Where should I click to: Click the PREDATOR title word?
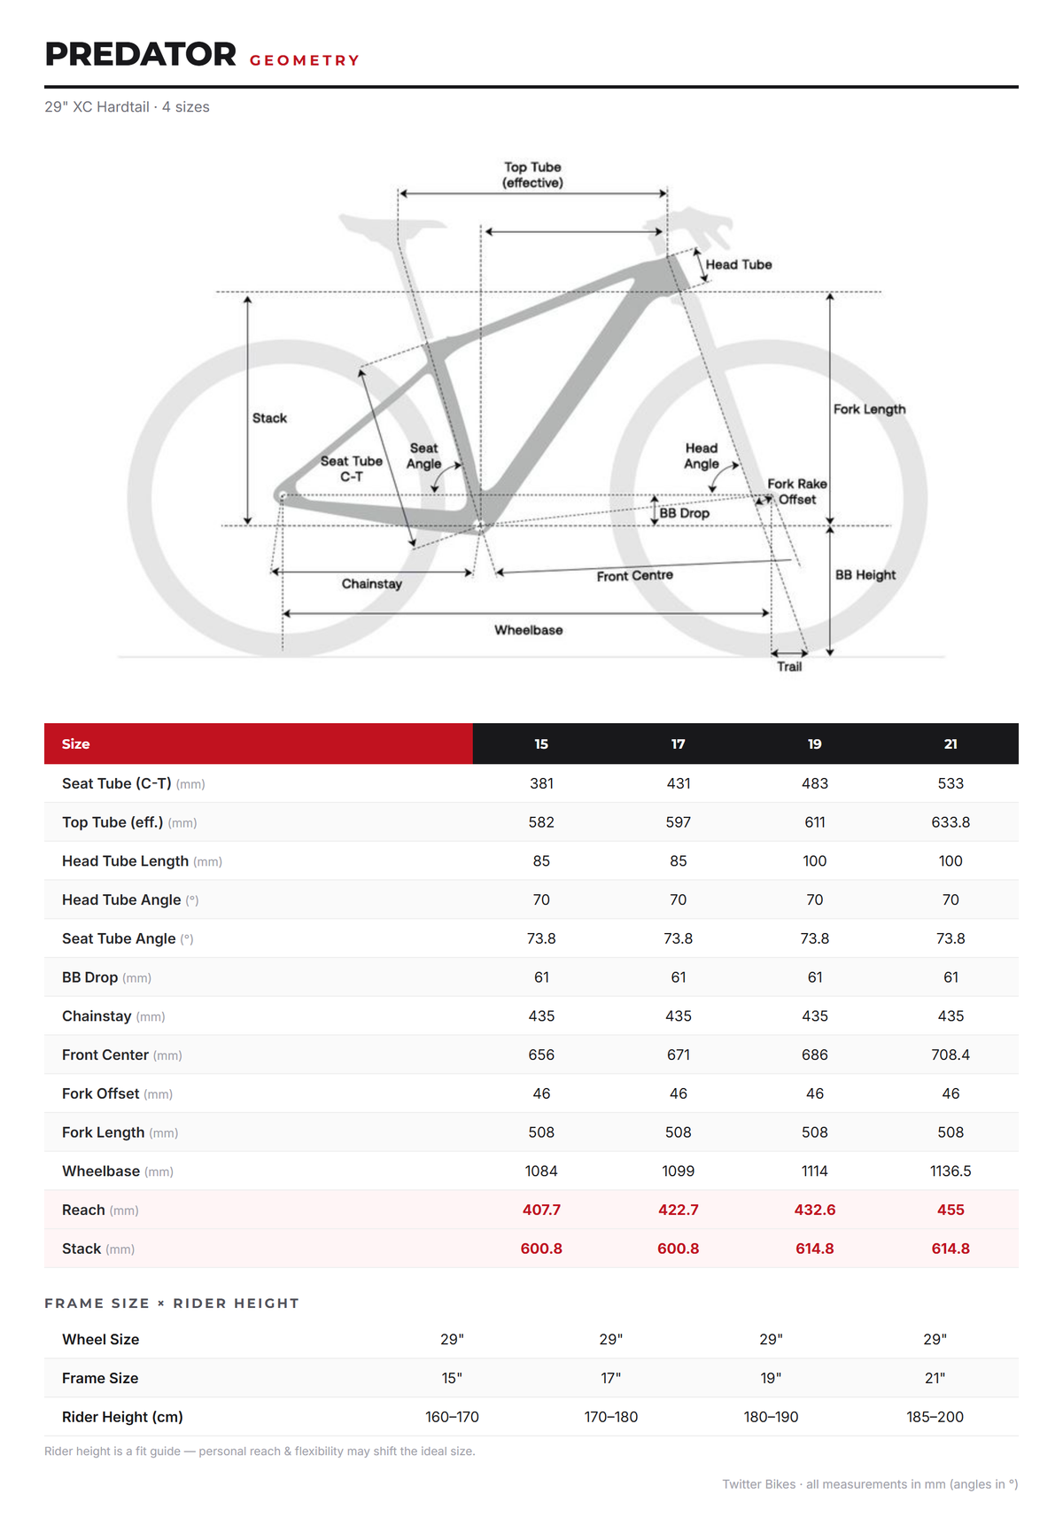point(141,54)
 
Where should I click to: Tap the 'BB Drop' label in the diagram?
point(684,513)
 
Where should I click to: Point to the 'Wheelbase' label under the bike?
point(529,630)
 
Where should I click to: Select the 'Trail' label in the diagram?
point(789,666)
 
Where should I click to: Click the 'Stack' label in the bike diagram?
point(269,418)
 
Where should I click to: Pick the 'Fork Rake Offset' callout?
point(797,492)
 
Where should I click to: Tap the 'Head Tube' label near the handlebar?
point(739,265)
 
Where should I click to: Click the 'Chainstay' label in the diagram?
point(372,584)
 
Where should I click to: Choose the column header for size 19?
point(815,744)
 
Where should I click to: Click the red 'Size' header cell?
point(259,743)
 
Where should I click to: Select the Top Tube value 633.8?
point(950,822)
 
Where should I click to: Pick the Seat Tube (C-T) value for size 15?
point(541,783)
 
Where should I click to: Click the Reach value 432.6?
point(815,1210)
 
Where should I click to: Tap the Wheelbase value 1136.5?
point(950,1171)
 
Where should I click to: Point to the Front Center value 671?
point(679,1055)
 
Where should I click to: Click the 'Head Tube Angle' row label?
point(121,900)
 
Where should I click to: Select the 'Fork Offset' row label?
point(101,1094)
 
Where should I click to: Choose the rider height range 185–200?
point(935,1418)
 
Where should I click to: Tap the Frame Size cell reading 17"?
point(611,1379)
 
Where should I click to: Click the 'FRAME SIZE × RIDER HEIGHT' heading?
point(172,1303)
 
